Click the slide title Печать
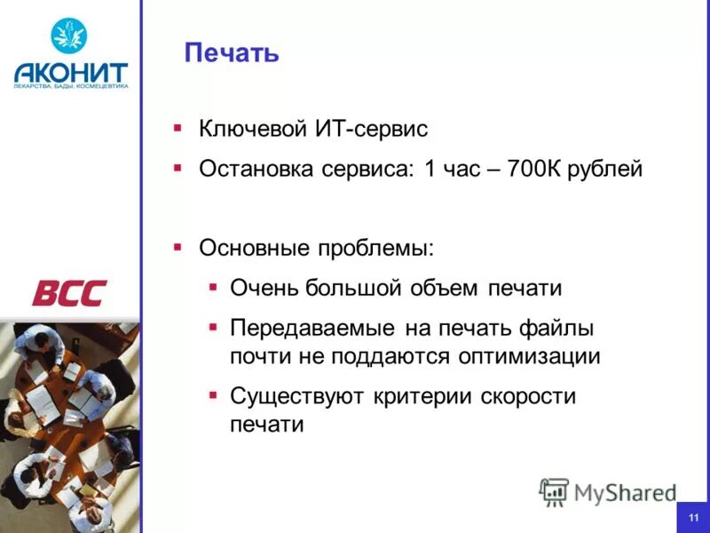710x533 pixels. point(232,53)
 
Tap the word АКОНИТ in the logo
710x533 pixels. point(71,72)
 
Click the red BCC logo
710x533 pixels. point(69,292)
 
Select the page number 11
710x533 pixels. point(693,517)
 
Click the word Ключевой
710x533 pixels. point(252,130)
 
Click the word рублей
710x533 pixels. point(610,169)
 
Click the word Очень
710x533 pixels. point(264,288)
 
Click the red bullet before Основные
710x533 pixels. point(177,246)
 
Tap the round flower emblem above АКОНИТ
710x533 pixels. point(68,36)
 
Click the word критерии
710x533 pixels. point(416,396)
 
